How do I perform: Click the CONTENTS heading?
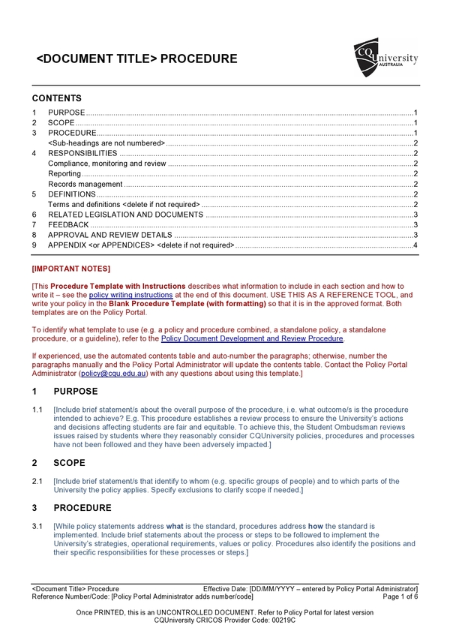tap(57, 98)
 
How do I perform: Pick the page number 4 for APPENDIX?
tap(415, 245)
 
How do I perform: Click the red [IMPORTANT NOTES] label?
tap(71, 269)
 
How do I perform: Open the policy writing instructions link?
tap(130, 296)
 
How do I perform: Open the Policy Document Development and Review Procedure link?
tap(252, 338)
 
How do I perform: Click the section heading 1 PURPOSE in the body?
tap(75, 392)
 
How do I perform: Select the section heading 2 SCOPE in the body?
tap(69, 463)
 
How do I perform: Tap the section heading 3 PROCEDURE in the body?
tap(82, 508)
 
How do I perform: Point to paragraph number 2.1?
tap(37, 482)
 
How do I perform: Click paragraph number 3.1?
tap(37, 527)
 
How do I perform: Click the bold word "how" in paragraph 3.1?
tap(317, 527)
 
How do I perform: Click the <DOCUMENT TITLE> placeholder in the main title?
tap(97, 59)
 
